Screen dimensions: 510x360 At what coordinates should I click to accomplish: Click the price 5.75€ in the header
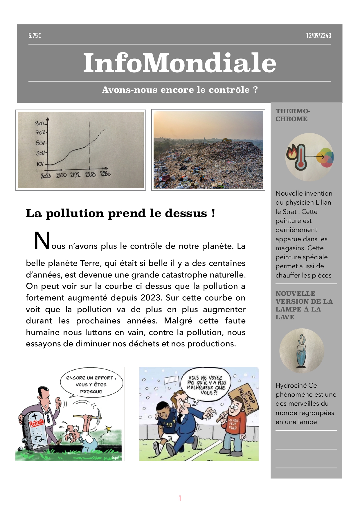(x=35, y=36)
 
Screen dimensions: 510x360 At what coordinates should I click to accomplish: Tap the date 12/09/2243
(x=318, y=36)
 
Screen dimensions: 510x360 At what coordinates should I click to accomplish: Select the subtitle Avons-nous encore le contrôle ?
(x=179, y=90)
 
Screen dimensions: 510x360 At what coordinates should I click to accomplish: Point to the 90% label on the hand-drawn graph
(x=40, y=123)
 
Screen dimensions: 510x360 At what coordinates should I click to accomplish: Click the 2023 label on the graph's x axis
(x=46, y=176)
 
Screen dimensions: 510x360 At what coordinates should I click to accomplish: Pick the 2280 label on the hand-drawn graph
(x=105, y=174)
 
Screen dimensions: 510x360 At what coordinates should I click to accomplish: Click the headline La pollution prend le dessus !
(x=120, y=213)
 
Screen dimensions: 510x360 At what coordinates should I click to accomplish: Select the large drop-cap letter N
(x=42, y=241)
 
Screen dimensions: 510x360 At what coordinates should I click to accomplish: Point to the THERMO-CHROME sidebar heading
(x=293, y=115)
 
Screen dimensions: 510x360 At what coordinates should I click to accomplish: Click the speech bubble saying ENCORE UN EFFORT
(x=91, y=384)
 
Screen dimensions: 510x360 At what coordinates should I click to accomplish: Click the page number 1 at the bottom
(x=180, y=498)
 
